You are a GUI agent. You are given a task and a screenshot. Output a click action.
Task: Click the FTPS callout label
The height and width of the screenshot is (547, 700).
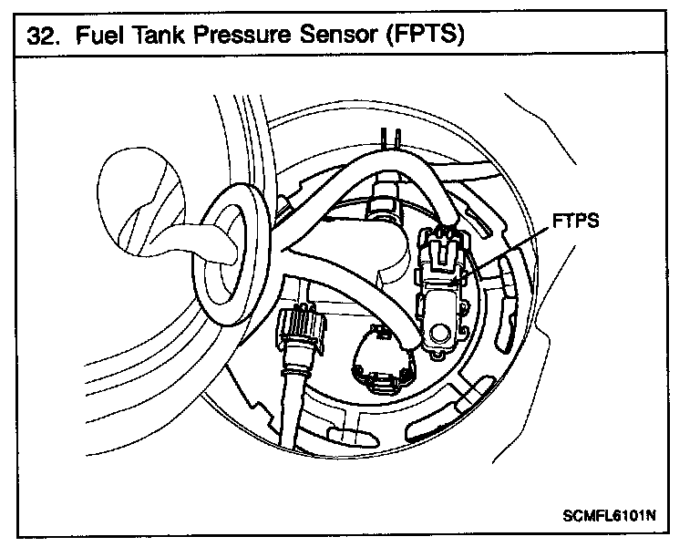click(x=575, y=221)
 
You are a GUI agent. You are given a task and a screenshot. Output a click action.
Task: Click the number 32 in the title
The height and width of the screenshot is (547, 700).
click(x=41, y=36)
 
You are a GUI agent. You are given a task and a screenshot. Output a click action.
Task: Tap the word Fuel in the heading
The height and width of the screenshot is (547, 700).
click(x=99, y=36)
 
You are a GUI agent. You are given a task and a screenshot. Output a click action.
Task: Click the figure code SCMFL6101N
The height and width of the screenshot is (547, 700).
click(x=610, y=515)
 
